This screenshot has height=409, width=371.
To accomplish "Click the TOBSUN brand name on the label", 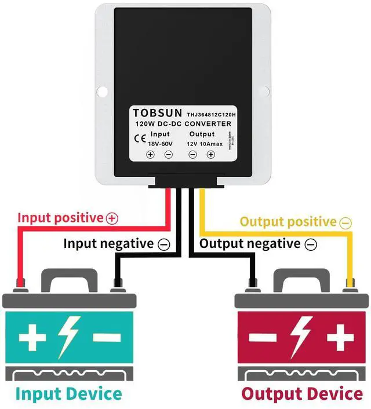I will pos(157,112).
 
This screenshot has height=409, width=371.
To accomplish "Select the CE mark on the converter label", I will pos(140,138).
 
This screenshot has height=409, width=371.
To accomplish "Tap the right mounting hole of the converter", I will pos(267,92).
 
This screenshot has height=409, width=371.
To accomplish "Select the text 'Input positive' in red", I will pos(60,218).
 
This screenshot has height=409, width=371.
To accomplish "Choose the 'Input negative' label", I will pos(108,243).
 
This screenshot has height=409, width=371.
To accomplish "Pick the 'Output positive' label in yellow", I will pos(288,222).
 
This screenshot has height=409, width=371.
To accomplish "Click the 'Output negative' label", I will pos(250,243).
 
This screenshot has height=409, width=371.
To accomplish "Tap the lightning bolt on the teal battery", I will pos(69,336).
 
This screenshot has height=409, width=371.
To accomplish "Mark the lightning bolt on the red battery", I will pos(301,336).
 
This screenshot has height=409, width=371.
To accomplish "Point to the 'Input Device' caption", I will pos(69,394).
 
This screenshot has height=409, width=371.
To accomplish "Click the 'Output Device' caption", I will pos(301,394).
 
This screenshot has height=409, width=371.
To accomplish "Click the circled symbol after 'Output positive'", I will pos(345,222).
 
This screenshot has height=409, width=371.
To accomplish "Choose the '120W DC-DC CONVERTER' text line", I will pos(183,124).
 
